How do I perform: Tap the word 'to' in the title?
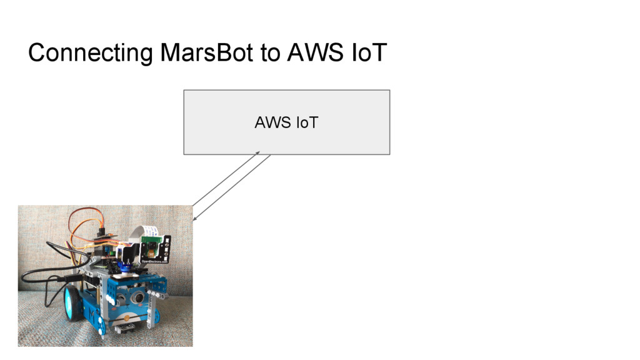pyautogui.click(x=271, y=53)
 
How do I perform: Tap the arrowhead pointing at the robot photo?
pyautogui.click(x=195, y=218)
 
